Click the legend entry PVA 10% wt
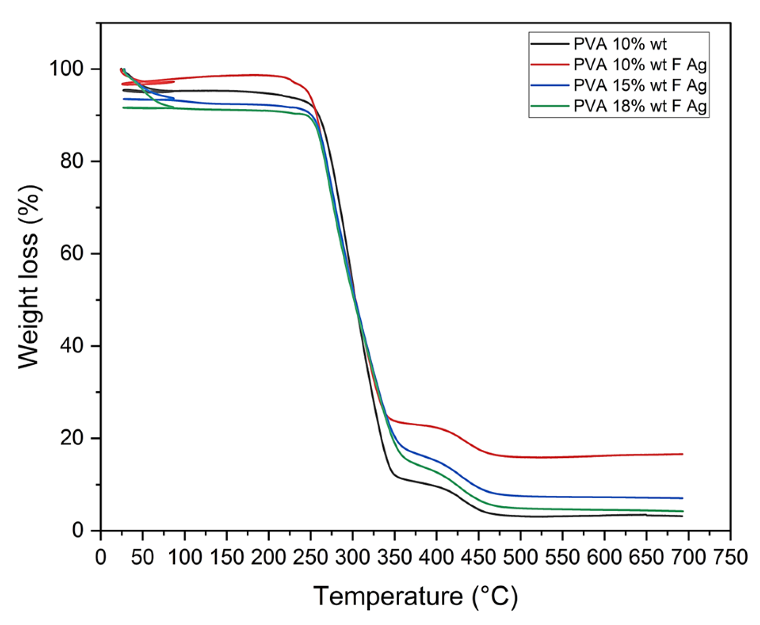tap(620, 44)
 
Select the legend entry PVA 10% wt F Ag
tap(640, 64)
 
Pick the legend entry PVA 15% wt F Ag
tap(640, 85)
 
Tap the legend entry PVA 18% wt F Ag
tap(640, 106)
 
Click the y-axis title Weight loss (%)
tap(29, 277)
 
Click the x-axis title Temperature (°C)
tap(416, 596)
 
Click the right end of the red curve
tap(683, 454)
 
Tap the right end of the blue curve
tap(683, 498)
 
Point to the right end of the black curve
tap(683, 516)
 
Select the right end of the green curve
tap(683, 511)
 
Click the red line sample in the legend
tap(549, 64)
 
